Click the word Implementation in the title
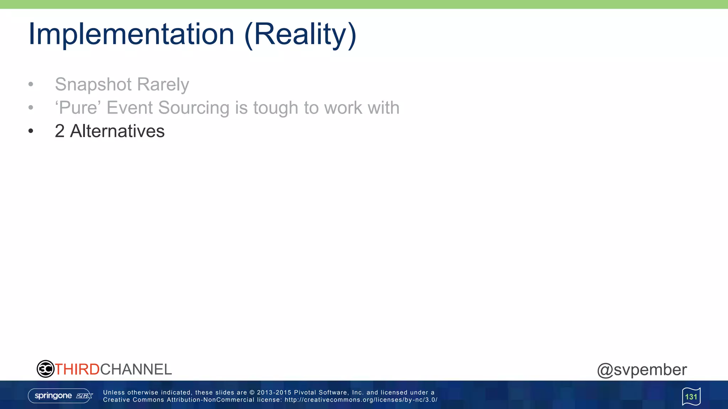(x=131, y=34)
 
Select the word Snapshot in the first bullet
(x=93, y=84)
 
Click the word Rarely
(x=163, y=84)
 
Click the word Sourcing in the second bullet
(x=194, y=108)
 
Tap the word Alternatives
(x=117, y=131)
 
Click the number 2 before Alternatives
(x=60, y=131)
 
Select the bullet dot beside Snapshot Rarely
(x=31, y=84)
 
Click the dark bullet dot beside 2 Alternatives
(x=31, y=131)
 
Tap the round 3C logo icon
(x=45, y=369)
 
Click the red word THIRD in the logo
(x=77, y=369)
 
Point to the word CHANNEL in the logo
(x=136, y=369)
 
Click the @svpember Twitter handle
(x=642, y=370)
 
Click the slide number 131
(x=691, y=397)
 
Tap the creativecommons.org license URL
(x=361, y=400)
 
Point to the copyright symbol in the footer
(x=252, y=392)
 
